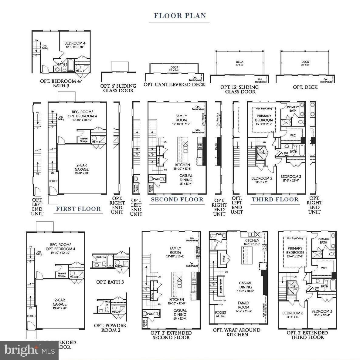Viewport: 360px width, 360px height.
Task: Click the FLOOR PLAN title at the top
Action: click(180, 15)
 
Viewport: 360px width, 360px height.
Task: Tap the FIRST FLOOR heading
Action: click(78, 209)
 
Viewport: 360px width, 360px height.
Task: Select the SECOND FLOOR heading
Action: click(177, 200)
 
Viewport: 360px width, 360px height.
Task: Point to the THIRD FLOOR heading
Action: click(275, 200)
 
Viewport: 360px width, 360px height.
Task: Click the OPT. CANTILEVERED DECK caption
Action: click(174, 85)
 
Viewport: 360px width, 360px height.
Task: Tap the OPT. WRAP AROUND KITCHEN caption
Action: click(236, 332)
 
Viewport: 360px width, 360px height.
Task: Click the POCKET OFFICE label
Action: click(221, 314)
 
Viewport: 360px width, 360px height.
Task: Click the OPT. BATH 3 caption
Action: click(110, 282)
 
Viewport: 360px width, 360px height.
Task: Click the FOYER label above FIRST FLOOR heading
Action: click(53, 181)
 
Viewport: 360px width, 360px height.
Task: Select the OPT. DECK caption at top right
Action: click(305, 87)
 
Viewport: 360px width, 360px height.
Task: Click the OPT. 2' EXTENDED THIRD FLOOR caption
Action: click(307, 335)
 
